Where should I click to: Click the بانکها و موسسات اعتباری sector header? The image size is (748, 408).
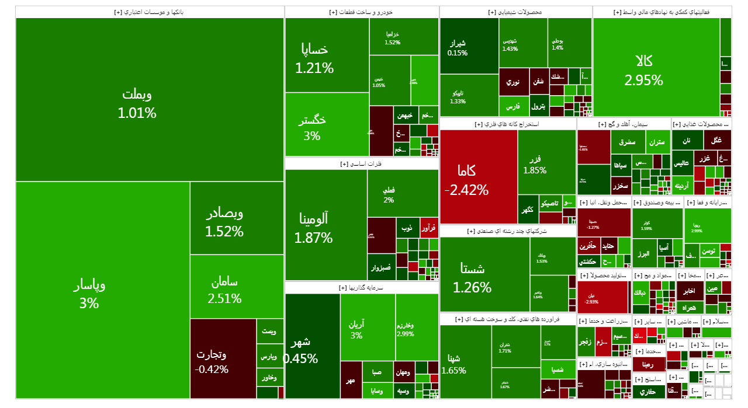pyautogui.click(x=150, y=12)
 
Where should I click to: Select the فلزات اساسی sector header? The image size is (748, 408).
pyautogui.click(x=361, y=164)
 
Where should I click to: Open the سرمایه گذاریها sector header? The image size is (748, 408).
pyautogui.click(x=361, y=288)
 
